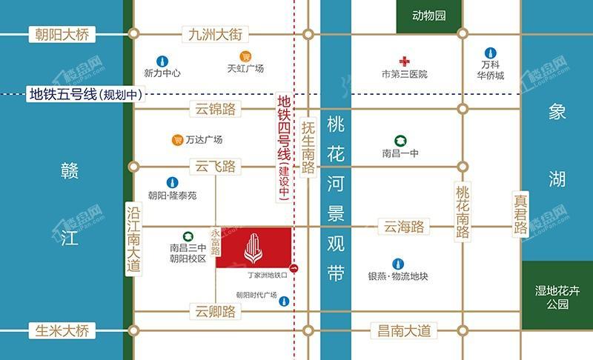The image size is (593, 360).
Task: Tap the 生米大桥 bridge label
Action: click(x=62, y=331)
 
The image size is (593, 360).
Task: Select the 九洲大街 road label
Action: click(x=215, y=34)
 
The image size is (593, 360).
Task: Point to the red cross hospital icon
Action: click(x=404, y=61)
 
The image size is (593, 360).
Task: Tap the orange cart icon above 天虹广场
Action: click(x=245, y=56)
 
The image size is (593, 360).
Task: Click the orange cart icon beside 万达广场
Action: click(x=177, y=139)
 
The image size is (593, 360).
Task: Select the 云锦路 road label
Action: click(x=215, y=110)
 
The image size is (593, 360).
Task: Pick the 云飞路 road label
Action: click(x=215, y=167)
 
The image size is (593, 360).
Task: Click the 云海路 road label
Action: click(x=403, y=227)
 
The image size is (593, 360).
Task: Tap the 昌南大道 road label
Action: click(x=403, y=331)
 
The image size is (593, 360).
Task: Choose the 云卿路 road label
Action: click(x=215, y=311)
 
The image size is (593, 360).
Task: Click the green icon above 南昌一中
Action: click(x=400, y=139)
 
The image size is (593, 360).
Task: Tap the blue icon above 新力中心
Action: click(x=162, y=61)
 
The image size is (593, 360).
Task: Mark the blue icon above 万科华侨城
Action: click(x=490, y=53)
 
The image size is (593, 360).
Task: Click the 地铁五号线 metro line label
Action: click(x=85, y=94)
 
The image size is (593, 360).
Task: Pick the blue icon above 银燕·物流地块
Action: click(x=398, y=263)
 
